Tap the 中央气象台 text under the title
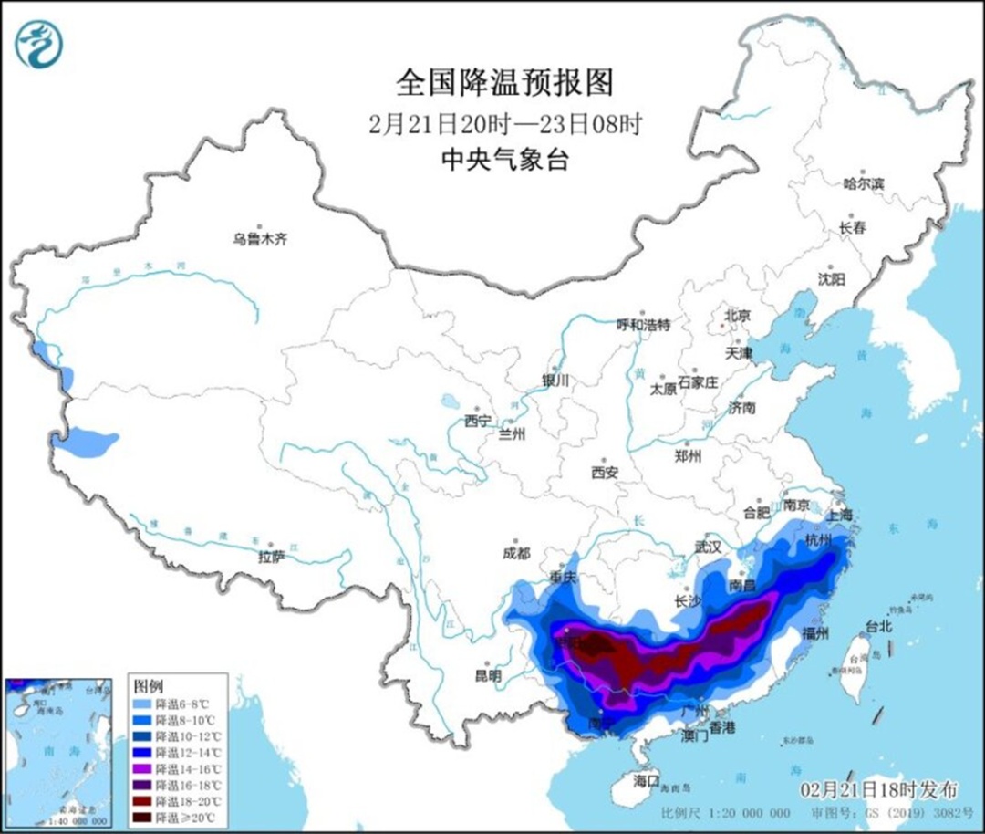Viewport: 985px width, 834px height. pyautogui.click(x=504, y=161)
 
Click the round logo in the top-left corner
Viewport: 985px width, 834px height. pyautogui.click(x=38, y=43)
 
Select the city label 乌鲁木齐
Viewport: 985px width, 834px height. pyautogui.click(x=259, y=240)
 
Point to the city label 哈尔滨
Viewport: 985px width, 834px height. pyautogui.click(x=864, y=184)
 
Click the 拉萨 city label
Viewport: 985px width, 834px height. pyautogui.click(x=271, y=557)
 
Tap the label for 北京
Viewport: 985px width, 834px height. pyautogui.click(x=737, y=316)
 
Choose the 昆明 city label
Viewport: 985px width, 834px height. pyautogui.click(x=488, y=676)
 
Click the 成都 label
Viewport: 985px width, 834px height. pyautogui.click(x=516, y=553)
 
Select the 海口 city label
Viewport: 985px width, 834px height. pyautogui.click(x=647, y=781)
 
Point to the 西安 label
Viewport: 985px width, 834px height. pyautogui.click(x=604, y=473)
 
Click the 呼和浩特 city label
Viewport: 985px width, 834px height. pyautogui.click(x=643, y=325)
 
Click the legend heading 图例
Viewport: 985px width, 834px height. pyautogui.click(x=148, y=685)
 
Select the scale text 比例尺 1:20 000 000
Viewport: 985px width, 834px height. pyautogui.click(x=726, y=813)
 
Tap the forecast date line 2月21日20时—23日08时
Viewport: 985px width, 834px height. pyautogui.click(x=505, y=123)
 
